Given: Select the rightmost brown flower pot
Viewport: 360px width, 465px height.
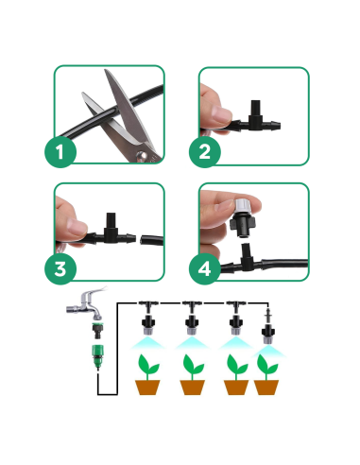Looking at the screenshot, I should (x=268, y=387).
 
